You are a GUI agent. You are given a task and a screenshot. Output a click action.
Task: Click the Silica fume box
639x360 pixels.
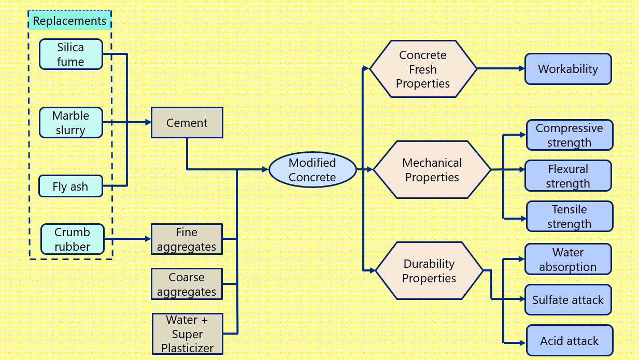click(70, 54)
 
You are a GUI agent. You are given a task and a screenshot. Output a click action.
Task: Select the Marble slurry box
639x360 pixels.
click(70, 123)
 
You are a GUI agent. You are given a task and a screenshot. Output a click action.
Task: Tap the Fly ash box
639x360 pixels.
click(70, 186)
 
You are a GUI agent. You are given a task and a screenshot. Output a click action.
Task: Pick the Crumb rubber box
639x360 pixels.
click(72, 239)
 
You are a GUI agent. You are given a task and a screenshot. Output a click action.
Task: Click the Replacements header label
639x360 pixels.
click(69, 21)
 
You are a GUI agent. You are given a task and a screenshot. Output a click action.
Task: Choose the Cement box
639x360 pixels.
click(187, 123)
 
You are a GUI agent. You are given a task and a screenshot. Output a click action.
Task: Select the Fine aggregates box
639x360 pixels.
click(187, 239)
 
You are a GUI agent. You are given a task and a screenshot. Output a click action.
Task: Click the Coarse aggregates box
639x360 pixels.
click(187, 284)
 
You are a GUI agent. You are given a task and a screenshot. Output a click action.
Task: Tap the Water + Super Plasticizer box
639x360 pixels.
click(187, 334)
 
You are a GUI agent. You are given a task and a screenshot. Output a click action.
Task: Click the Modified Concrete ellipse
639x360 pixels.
click(312, 170)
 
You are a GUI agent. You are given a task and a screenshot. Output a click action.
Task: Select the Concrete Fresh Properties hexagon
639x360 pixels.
click(422, 69)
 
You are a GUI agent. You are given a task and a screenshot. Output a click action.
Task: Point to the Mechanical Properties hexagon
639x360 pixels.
click(432, 170)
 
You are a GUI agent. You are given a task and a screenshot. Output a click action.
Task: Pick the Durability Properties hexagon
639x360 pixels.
click(429, 271)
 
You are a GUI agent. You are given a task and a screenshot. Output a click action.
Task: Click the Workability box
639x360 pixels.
click(568, 69)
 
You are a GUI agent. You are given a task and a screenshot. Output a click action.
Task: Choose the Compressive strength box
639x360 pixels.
click(569, 135)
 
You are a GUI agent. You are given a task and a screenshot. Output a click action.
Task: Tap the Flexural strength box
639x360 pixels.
click(568, 176)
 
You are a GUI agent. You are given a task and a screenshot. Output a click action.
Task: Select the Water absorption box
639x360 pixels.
click(568, 260)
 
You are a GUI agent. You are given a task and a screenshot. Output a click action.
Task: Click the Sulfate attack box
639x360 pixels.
click(568, 300)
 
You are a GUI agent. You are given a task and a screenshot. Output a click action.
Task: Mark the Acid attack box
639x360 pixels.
click(569, 340)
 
